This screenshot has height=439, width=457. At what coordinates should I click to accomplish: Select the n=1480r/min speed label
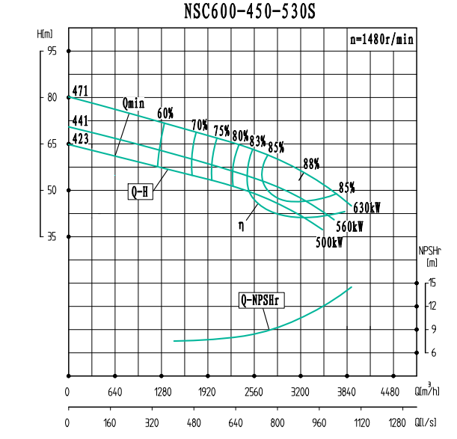[382, 40]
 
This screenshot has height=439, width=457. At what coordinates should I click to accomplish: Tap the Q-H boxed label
[141, 192]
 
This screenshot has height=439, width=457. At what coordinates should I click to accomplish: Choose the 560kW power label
[349, 227]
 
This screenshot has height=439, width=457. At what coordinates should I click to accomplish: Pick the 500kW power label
[329, 242]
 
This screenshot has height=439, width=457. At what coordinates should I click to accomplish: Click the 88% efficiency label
[311, 163]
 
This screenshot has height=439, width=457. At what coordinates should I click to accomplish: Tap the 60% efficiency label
[165, 114]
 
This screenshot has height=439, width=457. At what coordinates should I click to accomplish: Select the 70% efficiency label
[200, 124]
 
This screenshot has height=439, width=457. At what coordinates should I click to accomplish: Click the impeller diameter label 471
[81, 91]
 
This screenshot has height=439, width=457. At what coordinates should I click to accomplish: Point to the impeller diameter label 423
[81, 138]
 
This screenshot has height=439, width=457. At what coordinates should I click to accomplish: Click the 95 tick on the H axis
[52, 51]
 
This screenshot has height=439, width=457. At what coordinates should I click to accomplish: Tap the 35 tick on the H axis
[52, 236]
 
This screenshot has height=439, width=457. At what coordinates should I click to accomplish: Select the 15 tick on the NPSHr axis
[432, 283]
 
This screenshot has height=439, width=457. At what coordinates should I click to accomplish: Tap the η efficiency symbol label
[242, 224]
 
